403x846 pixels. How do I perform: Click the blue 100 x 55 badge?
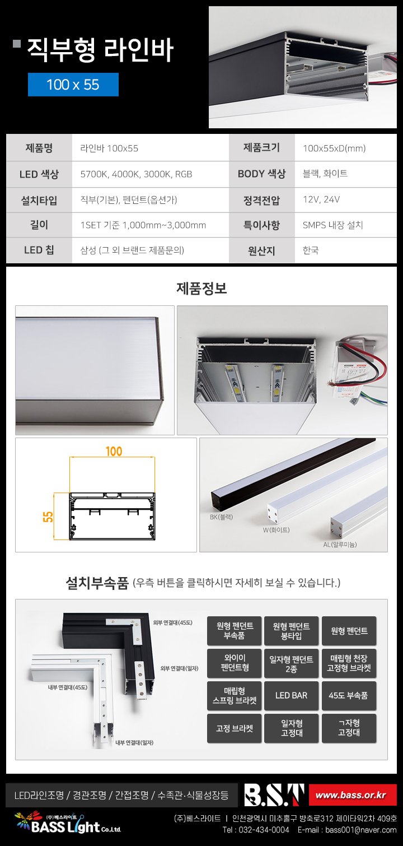click(73, 85)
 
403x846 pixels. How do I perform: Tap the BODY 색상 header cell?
click(261, 174)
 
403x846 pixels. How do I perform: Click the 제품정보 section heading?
click(201, 288)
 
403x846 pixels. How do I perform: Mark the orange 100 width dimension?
click(114, 452)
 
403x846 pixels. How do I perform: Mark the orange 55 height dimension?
click(48, 517)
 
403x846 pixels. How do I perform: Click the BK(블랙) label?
click(221, 517)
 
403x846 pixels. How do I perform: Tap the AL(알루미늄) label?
click(340, 544)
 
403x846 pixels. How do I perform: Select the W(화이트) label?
click(276, 530)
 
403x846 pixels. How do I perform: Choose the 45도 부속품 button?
click(349, 696)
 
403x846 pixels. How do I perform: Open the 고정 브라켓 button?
click(234, 728)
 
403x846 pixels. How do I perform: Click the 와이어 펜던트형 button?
click(234, 663)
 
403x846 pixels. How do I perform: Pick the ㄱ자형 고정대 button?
click(349, 728)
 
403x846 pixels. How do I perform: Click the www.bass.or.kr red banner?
click(353, 795)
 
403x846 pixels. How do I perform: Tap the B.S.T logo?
click(274, 794)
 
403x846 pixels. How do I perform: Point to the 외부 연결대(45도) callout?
click(172, 622)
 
